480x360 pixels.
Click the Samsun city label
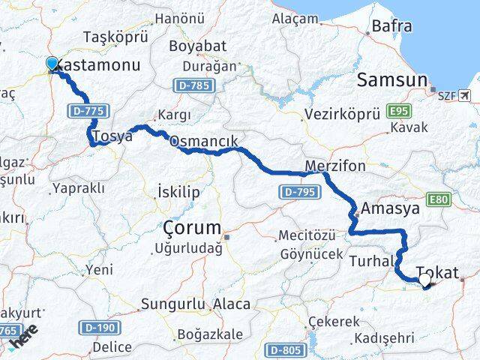click(391, 80)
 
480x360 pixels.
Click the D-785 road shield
click(193, 86)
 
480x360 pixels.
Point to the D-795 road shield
click(298, 193)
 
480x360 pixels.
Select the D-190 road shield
click(99, 327)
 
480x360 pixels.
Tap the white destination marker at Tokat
click(425, 280)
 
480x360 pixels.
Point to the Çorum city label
click(193, 227)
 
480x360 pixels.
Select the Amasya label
click(390, 209)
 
